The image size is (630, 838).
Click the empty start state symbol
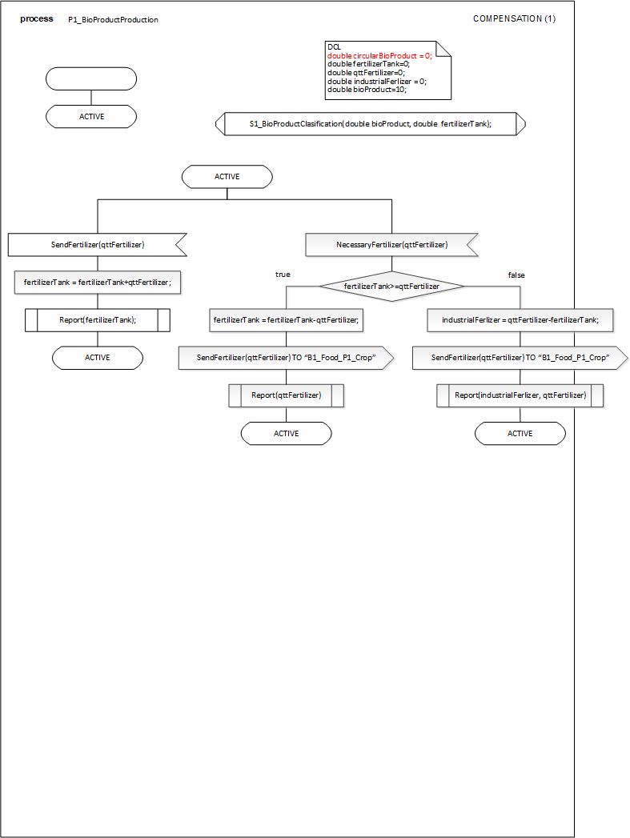[91, 78]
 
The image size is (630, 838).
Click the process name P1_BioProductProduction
[113, 20]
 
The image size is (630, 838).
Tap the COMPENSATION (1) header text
[514, 18]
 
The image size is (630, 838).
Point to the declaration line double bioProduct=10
[367, 90]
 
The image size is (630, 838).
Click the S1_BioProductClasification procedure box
[370, 124]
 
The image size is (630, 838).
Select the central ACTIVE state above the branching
[227, 176]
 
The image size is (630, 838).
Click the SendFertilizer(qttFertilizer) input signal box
[97, 245]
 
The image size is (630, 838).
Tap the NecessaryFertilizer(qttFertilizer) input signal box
[391, 245]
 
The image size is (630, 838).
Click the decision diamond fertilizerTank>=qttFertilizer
[391, 286]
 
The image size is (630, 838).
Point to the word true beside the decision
[283, 275]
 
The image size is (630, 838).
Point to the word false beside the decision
[516, 275]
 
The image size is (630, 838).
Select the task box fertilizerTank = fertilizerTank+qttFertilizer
[97, 282]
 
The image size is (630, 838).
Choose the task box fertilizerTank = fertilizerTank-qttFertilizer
[286, 320]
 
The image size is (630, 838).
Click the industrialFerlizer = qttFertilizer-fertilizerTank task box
[520, 320]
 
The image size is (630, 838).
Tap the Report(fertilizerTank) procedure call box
[98, 320]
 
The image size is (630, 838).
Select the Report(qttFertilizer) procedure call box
[286, 395]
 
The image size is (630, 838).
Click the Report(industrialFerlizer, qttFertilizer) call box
[520, 395]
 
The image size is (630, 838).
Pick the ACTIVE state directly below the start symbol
[91, 117]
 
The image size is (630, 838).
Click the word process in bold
[37, 18]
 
